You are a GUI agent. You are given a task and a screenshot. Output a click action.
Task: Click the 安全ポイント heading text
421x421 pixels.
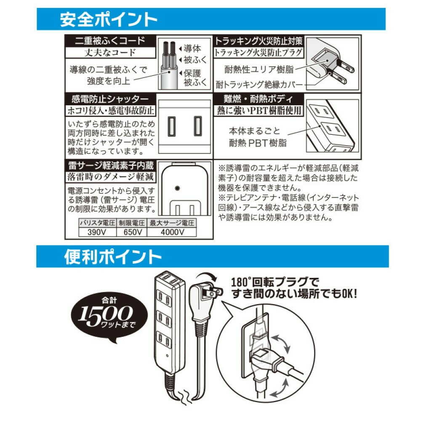(x=109, y=19)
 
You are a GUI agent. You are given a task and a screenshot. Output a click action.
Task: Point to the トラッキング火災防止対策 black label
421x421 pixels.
(x=258, y=41)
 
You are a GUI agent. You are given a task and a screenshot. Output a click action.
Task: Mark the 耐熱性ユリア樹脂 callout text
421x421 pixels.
(x=259, y=69)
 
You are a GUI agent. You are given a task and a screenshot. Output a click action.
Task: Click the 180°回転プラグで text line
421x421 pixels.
(x=276, y=281)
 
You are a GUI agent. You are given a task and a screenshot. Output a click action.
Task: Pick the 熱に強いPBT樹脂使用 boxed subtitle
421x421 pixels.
(x=258, y=111)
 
